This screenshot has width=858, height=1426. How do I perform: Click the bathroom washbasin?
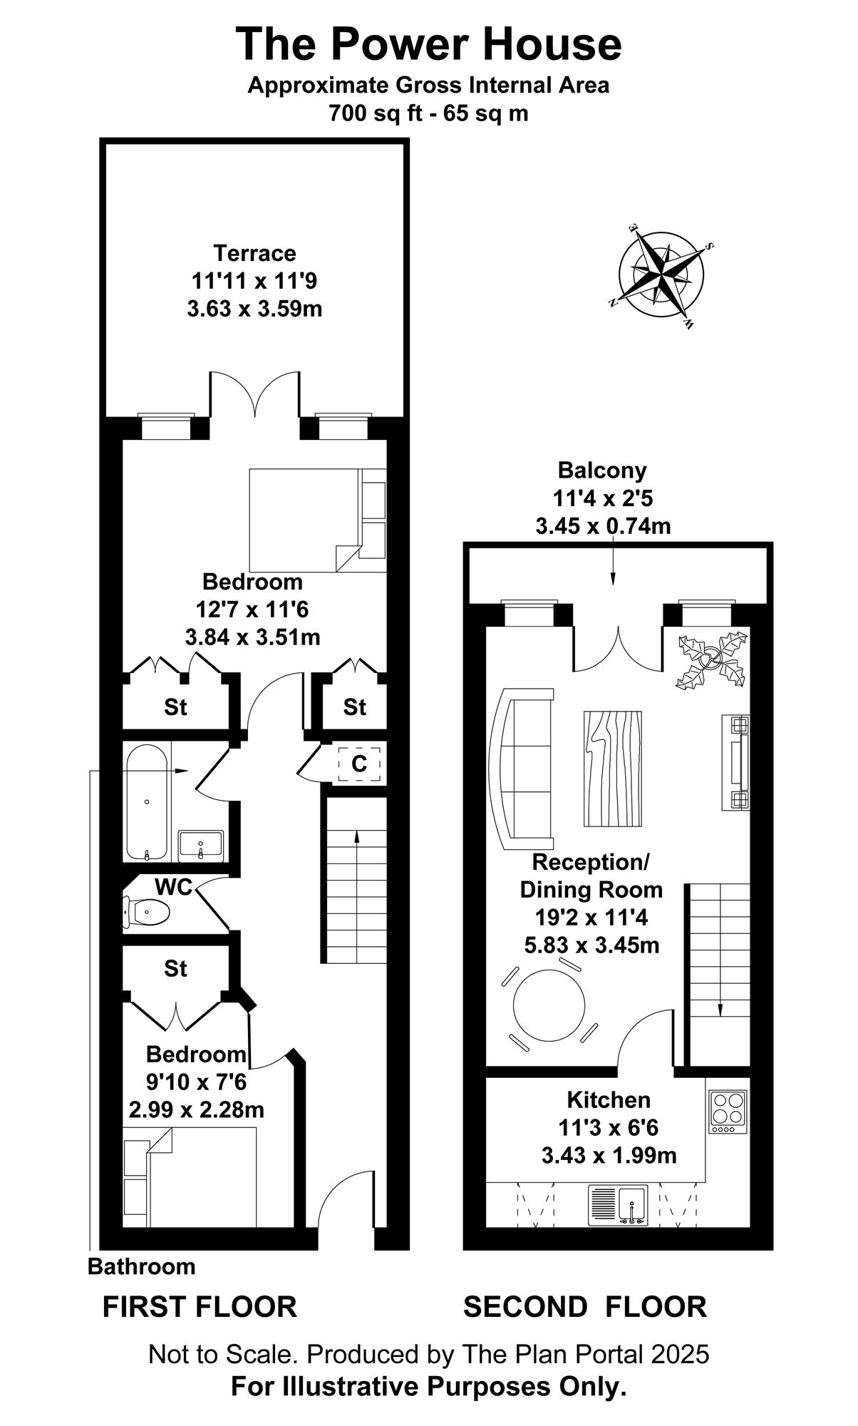coord(200,846)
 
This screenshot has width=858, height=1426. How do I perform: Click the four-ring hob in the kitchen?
coord(728,1112)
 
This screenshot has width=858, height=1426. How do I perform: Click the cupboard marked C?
coord(359,764)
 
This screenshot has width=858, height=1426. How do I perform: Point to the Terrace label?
coord(254,253)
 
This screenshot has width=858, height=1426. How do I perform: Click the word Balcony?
coord(602,471)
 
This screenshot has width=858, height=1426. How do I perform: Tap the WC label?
coord(174,887)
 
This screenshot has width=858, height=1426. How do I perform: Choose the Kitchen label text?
coord(609,1100)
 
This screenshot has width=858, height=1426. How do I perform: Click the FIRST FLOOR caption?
coord(200,1307)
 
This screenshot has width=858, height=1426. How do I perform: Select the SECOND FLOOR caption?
coord(585,1307)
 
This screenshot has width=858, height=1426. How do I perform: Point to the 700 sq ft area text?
coord(428,113)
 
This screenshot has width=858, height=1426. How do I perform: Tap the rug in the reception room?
coord(613,769)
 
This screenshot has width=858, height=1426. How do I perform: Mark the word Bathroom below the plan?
coord(141,1267)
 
